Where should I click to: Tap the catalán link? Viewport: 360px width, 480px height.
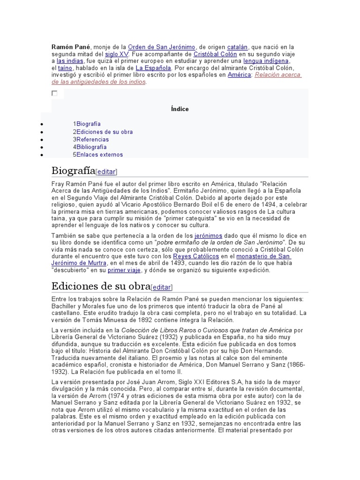click(238, 47)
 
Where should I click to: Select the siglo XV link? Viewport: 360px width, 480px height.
click(117, 54)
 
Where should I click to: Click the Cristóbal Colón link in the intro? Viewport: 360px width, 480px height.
click(215, 54)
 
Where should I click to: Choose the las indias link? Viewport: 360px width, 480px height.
click(70, 61)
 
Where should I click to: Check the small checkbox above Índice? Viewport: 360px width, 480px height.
click(54, 93)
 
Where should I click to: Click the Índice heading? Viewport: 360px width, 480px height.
click(180, 109)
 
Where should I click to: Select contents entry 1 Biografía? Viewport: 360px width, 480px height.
click(87, 124)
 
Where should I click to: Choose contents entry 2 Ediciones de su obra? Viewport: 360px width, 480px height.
click(103, 132)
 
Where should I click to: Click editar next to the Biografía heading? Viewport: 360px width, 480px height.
click(106, 172)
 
